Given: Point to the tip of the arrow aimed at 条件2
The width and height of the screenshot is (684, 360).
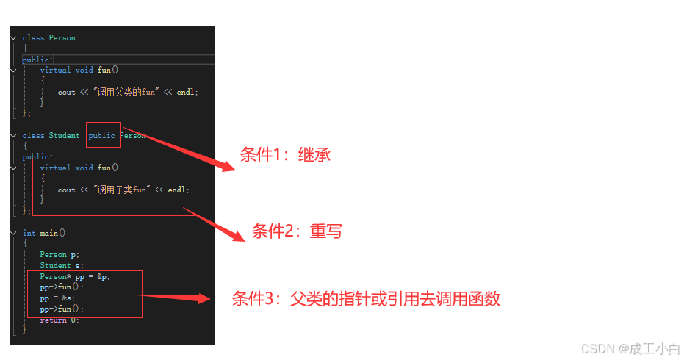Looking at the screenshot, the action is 245,241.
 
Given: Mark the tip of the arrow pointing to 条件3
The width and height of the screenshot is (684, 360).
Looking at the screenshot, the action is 211,299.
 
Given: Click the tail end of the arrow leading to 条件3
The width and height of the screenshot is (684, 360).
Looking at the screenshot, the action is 137,295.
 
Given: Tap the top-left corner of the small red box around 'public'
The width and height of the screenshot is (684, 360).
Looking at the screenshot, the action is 87,122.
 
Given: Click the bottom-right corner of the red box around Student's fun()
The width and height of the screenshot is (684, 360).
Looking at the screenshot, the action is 195,215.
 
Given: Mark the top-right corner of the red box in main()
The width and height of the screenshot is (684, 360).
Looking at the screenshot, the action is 143,271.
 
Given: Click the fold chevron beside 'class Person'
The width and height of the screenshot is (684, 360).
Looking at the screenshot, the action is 13,38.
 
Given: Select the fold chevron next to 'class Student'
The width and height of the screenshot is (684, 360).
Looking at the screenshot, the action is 13,136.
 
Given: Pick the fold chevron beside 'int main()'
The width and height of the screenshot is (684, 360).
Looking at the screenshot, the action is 13,233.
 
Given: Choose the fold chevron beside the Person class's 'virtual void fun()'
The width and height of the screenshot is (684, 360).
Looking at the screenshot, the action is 13,71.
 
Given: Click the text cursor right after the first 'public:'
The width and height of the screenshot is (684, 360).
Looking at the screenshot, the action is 53,60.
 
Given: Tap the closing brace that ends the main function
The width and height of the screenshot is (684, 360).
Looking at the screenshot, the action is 24,329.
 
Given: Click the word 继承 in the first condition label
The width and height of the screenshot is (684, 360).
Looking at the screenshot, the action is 314,155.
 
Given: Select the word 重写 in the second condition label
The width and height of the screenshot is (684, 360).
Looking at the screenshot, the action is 326,231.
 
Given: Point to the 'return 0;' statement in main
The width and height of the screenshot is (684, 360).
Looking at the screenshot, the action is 60,320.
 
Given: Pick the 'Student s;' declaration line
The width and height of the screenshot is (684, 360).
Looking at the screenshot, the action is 62,265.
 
